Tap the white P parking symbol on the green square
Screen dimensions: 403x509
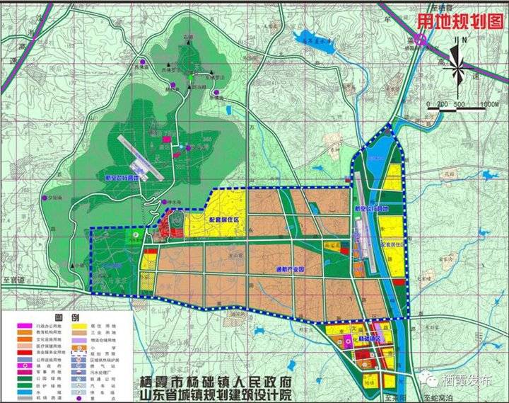136,232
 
